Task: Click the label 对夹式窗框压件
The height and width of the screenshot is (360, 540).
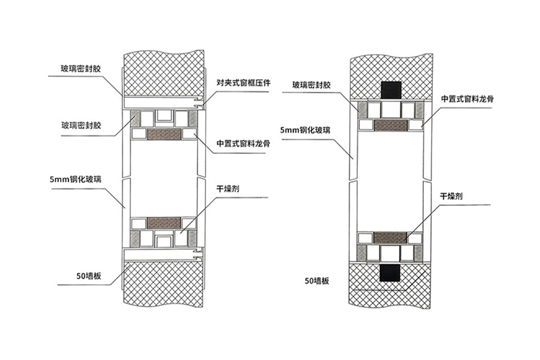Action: (243, 82)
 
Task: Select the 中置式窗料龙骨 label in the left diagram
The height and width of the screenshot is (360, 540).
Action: (243, 143)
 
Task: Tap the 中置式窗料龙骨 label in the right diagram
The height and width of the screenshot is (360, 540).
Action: (467, 99)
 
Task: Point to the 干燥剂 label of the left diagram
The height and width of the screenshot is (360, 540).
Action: (227, 189)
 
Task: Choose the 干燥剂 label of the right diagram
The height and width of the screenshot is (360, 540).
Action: (451, 197)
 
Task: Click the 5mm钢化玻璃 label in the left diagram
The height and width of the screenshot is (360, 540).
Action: (76, 179)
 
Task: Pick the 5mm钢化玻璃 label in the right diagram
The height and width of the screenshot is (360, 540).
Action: (305, 130)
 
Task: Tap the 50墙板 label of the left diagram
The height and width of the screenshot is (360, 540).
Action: (89, 276)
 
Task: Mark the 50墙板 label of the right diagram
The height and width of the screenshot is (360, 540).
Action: (317, 281)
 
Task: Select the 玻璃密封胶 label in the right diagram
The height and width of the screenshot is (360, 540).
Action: (311, 84)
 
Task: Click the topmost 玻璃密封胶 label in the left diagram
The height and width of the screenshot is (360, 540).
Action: (80, 69)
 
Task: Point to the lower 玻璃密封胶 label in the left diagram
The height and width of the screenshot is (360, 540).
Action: (81, 125)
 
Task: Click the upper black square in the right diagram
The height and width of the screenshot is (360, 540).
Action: (391, 91)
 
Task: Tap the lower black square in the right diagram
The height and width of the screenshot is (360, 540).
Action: (390, 273)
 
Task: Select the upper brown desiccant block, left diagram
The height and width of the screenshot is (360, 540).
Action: (164, 134)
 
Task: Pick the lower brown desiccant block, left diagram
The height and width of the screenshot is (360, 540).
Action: (164, 224)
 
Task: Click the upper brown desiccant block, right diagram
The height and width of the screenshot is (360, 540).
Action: (391, 125)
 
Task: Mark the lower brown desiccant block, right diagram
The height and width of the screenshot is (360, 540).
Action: (390, 238)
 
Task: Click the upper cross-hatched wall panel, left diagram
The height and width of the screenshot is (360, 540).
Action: (164, 74)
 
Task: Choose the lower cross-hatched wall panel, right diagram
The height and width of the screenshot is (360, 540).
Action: (390, 286)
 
